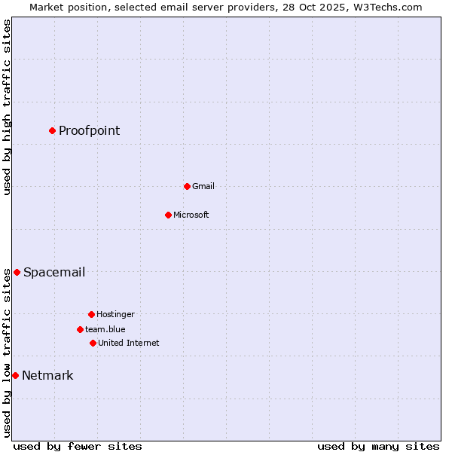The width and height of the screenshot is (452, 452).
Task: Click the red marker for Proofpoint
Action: [52, 130]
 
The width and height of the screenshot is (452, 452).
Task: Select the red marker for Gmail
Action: [187, 186]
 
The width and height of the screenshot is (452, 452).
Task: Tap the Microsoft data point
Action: [168, 215]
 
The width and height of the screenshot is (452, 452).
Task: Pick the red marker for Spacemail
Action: [17, 272]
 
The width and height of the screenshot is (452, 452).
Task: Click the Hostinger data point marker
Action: [91, 314]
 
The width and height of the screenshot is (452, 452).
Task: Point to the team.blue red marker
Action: [80, 329]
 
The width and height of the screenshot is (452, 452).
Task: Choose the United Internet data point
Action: [93, 343]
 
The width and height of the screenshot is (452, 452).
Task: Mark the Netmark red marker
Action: [15, 375]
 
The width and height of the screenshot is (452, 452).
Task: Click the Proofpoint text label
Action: [89, 130]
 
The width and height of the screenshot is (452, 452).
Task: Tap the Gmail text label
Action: [203, 186]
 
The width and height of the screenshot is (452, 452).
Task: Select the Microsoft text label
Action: [191, 215]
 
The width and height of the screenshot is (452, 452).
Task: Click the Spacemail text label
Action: [53, 272]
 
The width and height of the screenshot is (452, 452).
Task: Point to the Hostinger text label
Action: [115, 314]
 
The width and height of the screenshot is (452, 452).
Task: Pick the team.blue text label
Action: [105, 329]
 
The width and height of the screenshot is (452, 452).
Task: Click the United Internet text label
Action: [128, 343]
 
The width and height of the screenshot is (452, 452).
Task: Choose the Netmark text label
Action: [47, 375]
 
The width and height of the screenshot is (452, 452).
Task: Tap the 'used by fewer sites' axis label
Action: [78, 446]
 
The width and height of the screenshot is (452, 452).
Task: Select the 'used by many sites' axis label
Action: [378, 446]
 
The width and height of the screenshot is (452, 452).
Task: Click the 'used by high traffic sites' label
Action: [7, 107]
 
